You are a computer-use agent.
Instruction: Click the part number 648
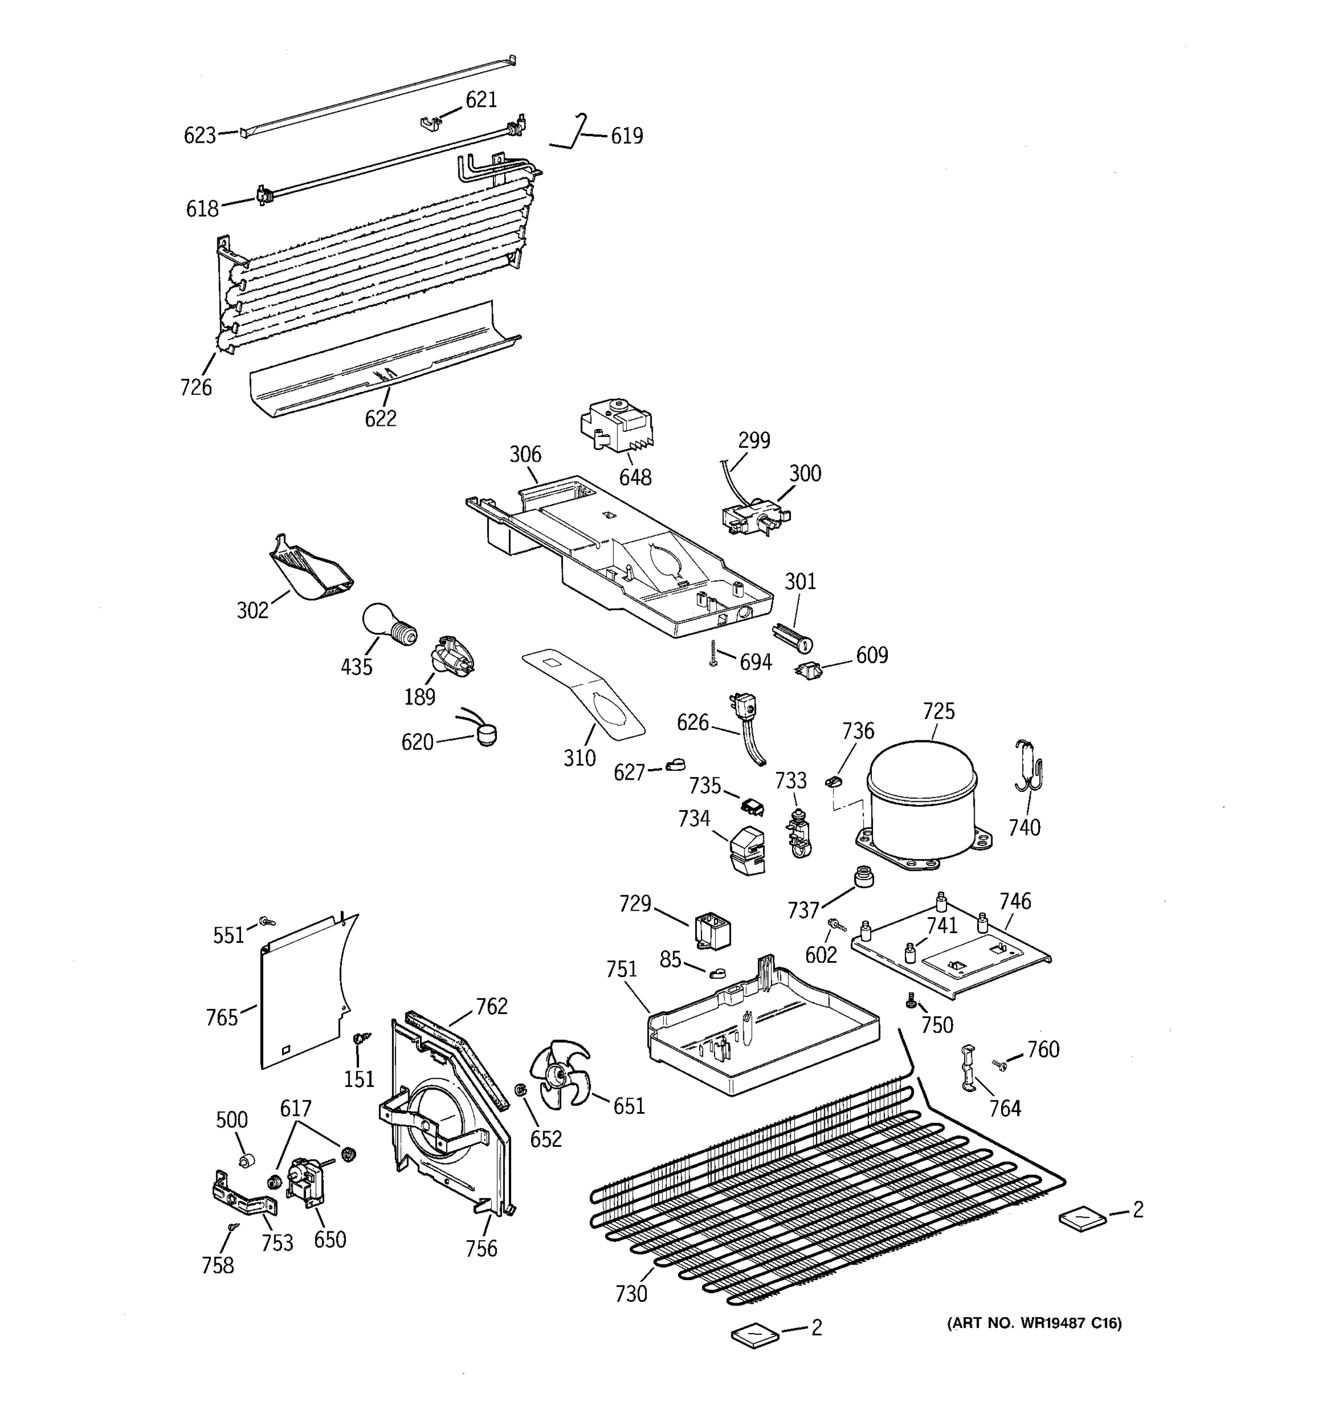click(635, 477)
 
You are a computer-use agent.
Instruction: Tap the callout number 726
click(196, 387)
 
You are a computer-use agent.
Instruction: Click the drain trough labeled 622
click(383, 362)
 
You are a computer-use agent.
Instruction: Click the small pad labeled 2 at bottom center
click(754, 1335)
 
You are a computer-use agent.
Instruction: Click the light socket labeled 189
click(452, 654)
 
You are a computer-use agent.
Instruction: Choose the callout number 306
click(525, 455)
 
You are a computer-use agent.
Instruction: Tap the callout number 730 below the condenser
click(631, 1294)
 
